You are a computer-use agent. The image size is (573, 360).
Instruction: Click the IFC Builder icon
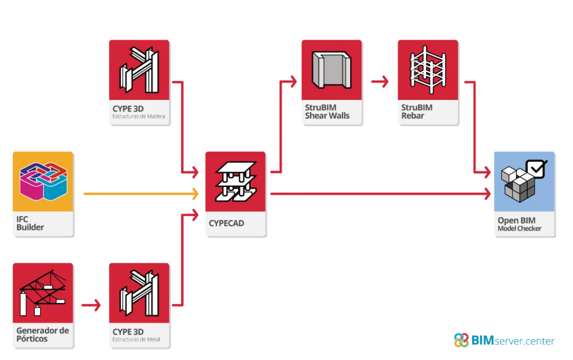coord(43,182)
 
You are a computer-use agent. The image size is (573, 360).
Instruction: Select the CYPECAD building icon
coord(235,182)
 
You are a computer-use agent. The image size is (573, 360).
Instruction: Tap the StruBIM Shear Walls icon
coord(331,70)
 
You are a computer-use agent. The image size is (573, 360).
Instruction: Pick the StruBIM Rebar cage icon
coord(428,70)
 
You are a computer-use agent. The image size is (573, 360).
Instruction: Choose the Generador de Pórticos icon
coord(43,293)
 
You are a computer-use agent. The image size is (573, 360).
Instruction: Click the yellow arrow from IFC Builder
coord(141,194)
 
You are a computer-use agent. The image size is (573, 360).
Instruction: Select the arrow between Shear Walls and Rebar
coord(380,81)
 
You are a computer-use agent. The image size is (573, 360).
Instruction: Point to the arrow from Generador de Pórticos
coord(91,305)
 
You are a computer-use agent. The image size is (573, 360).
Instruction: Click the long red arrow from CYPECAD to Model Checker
coord(380,194)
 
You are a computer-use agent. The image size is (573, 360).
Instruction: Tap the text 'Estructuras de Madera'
coord(139,116)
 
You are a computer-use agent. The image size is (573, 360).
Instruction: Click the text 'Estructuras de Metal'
coord(136,339)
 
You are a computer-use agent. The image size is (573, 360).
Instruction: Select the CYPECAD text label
coord(226,224)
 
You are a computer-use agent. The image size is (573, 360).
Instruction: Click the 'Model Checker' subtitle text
coord(519,228)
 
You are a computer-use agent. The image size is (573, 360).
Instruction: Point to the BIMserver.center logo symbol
coord(461,340)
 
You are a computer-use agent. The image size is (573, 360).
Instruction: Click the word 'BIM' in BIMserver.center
coord(483,340)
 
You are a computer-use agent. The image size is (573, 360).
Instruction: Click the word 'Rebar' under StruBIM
coord(413,116)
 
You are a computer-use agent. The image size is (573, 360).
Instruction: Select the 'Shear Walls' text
coord(327,116)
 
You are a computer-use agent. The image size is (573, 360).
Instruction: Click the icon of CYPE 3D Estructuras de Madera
coord(139,70)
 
